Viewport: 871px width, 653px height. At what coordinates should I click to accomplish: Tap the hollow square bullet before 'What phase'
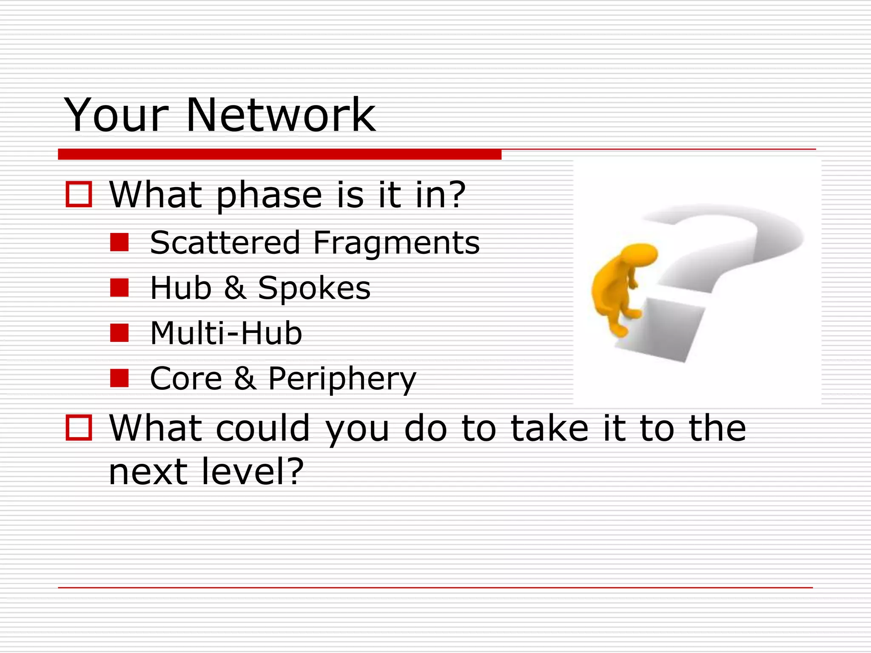coord(79,195)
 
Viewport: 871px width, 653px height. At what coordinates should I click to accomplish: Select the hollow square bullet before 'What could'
coord(79,427)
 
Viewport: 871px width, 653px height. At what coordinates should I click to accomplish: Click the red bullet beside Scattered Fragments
coord(119,242)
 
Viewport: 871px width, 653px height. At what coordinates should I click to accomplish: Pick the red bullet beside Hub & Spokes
coord(119,287)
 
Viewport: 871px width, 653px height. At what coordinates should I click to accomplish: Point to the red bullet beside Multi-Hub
coord(119,333)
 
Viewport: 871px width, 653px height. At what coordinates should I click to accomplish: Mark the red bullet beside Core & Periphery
coord(119,378)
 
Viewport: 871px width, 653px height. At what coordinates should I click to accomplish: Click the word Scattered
coord(225,242)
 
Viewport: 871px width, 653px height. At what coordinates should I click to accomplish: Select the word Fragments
coord(396,243)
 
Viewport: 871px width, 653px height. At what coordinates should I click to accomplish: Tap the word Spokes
coord(314,288)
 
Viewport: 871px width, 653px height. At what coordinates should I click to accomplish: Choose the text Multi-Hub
coord(226,333)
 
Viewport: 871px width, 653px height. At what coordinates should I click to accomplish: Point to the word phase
coord(269,196)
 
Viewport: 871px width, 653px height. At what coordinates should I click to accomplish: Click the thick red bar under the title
coord(279,154)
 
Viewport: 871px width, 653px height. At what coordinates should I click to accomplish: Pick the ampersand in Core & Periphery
coord(245,378)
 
